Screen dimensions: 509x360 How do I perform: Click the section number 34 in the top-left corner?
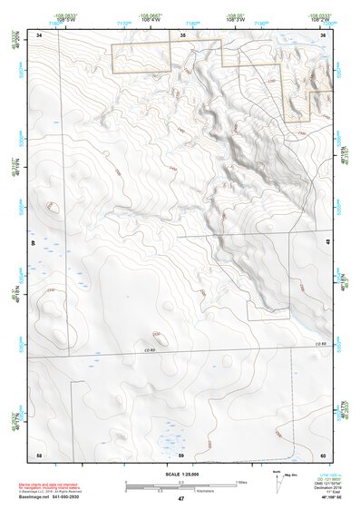click(x=39, y=34)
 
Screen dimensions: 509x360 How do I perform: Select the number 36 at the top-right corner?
click(x=324, y=34)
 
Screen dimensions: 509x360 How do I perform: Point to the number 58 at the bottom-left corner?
click(x=39, y=454)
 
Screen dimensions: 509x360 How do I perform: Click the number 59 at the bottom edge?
click(x=181, y=454)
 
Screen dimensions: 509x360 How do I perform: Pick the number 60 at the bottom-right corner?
click(x=324, y=454)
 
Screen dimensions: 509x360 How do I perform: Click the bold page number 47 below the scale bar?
click(x=181, y=499)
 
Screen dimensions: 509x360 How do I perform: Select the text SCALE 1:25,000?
click(x=181, y=474)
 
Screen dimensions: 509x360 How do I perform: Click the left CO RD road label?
click(x=150, y=350)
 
